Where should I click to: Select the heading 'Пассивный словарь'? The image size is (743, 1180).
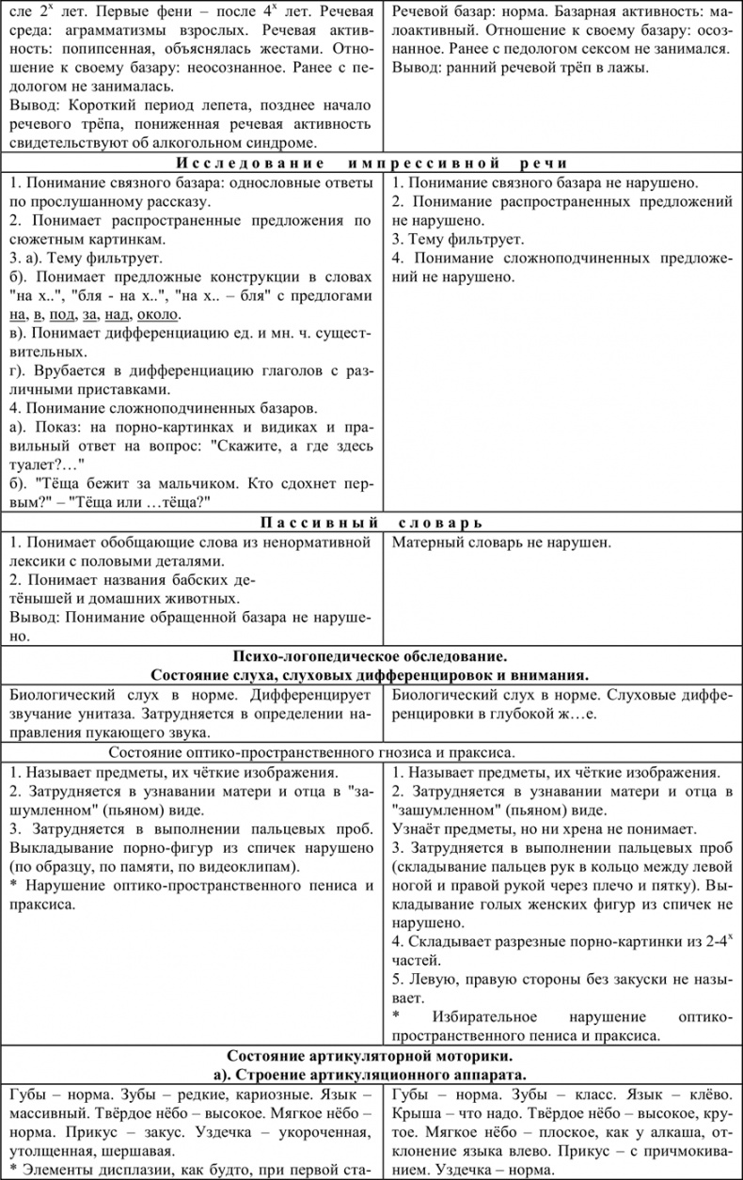click(x=371, y=523)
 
